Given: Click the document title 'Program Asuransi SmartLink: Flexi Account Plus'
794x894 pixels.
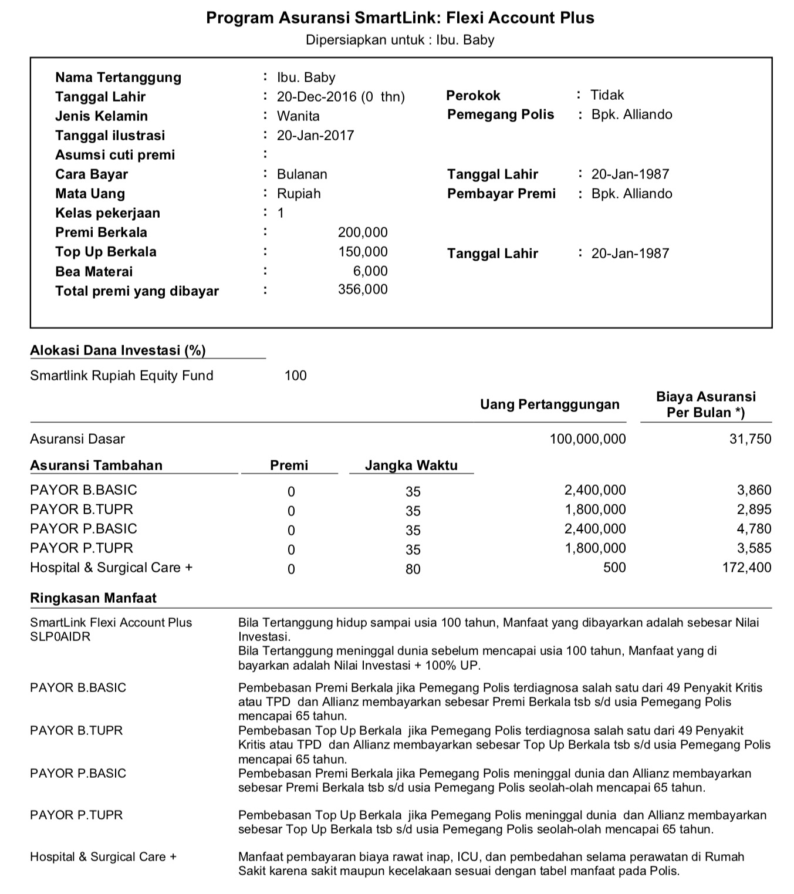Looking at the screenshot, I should pyautogui.click(x=400, y=18).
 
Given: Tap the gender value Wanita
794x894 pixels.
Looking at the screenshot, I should pyautogui.click(x=298, y=116).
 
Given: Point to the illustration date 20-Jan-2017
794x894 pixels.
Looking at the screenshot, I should pyautogui.click(x=316, y=136).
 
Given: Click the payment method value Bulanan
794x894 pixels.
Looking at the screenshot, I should pyautogui.click(x=302, y=174).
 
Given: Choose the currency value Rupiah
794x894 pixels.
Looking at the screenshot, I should pyautogui.click(x=299, y=194).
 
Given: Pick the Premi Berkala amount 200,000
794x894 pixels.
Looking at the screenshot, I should pyautogui.click(x=363, y=232).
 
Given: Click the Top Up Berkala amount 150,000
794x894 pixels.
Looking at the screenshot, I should pyautogui.click(x=363, y=252).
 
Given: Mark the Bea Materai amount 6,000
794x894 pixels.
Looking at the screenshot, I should pyautogui.click(x=370, y=271).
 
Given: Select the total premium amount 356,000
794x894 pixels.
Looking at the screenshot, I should pyautogui.click(x=363, y=289).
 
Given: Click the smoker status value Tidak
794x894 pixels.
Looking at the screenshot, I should pyautogui.click(x=607, y=95).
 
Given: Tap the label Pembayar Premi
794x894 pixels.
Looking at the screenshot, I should pyautogui.click(x=501, y=194).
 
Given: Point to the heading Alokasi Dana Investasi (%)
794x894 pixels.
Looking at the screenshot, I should pyautogui.click(x=118, y=350).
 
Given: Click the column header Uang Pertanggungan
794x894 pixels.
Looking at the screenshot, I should pyautogui.click(x=549, y=404).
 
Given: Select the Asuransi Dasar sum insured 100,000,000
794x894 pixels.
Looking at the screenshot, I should pyautogui.click(x=587, y=439).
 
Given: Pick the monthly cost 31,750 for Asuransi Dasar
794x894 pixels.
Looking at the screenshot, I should pyautogui.click(x=750, y=439).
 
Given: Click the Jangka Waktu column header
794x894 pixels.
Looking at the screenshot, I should pyautogui.click(x=411, y=465).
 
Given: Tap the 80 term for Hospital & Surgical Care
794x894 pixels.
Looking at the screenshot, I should pyautogui.click(x=413, y=569).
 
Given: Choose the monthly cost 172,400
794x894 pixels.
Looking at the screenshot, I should pyautogui.click(x=746, y=568).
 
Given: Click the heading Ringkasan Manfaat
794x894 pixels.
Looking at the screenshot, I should pyautogui.click(x=93, y=598).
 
